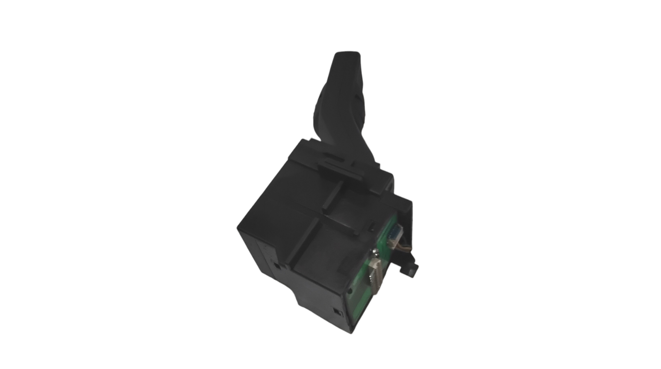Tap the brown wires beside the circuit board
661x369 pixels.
coord(402,251)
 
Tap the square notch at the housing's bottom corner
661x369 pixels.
coord(337,312)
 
